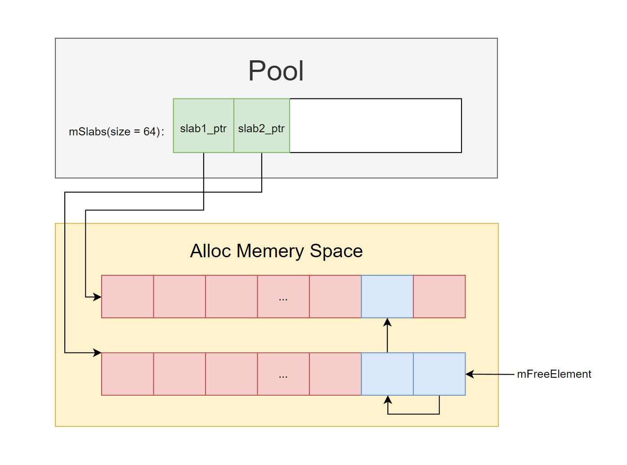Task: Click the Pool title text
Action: [x=276, y=71]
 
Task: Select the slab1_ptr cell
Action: [x=203, y=126]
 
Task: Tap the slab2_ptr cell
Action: [x=261, y=126]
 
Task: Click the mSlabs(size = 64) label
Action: [x=116, y=132]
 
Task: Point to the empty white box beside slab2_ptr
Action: [x=376, y=125]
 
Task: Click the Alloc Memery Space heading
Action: [x=276, y=251]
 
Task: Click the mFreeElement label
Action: [x=554, y=374]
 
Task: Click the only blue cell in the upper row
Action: [x=387, y=296]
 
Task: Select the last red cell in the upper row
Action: [x=439, y=296]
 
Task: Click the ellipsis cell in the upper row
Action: [x=283, y=296]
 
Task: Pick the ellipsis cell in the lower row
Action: [x=283, y=374]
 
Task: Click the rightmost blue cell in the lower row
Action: [x=439, y=374]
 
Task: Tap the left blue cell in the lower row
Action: [x=387, y=374]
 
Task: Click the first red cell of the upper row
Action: [x=128, y=296]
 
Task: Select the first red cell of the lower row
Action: [x=128, y=374]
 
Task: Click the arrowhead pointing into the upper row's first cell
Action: [x=98, y=297]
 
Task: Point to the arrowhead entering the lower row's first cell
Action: [x=98, y=353]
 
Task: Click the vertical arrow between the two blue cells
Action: [x=387, y=335]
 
